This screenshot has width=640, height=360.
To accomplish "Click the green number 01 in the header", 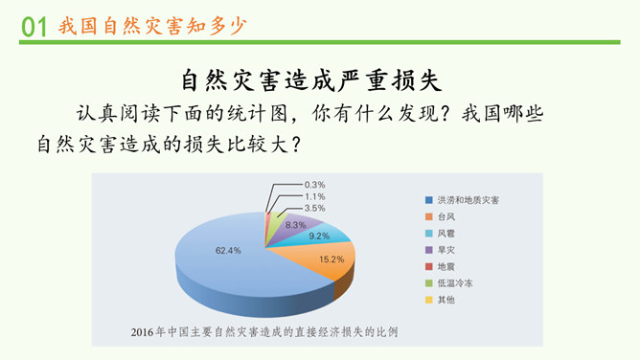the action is click(34, 27).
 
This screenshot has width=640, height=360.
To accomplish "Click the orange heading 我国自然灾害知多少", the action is click(152, 26).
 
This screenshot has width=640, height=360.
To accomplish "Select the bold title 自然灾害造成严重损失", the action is click(311, 80).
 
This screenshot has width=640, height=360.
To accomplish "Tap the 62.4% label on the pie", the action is click(228, 250).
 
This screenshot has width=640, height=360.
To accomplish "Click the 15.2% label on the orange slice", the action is click(331, 259).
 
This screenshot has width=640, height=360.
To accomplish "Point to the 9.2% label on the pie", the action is click(319, 236).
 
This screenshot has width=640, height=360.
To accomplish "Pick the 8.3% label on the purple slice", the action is click(295, 225).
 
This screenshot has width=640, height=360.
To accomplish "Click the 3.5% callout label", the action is click(314, 209).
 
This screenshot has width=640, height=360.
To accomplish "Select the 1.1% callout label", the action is click(314, 196).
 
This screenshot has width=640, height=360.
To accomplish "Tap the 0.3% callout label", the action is click(314, 185).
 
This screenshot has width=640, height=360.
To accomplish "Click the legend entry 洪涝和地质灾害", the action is click(462, 200).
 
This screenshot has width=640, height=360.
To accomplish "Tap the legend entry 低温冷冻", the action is click(449, 283).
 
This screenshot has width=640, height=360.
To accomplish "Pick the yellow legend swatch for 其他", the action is click(428, 300).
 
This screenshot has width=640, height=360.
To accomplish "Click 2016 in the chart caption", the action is click(143, 332).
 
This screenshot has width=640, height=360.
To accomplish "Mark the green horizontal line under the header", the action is click(320, 42).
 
